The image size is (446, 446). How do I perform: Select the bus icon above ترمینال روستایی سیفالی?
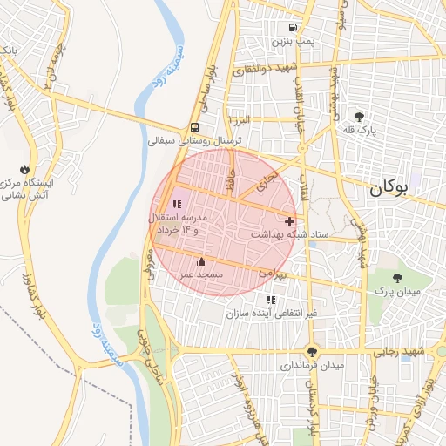(x=194, y=127)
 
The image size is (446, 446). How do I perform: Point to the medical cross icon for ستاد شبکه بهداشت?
(x=290, y=221)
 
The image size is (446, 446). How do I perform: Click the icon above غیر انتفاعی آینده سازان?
(x=271, y=300)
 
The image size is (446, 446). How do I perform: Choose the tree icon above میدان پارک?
(x=398, y=278)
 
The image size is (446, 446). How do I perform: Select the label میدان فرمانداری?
(x=312, y=365)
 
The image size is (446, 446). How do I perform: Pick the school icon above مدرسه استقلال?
(x=178, y=204)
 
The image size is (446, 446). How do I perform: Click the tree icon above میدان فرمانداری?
(x=312, y=352)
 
